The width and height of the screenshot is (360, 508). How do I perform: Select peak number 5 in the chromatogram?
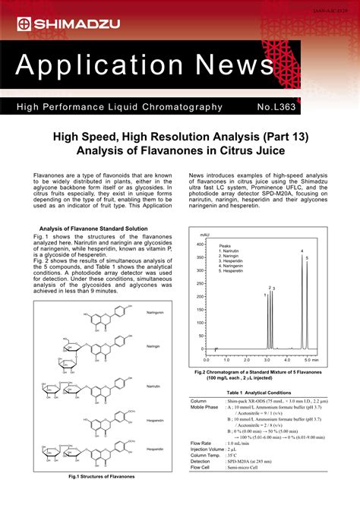click(x=307, y=259)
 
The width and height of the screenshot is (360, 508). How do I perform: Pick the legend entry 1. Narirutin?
click(x=231, y=251)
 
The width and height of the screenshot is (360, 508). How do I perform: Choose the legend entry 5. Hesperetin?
click(x=232, y=271)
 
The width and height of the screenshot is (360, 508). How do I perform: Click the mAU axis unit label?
click(x=204, y=235)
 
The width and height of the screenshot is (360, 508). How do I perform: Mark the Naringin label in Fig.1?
click(x=153, y=346)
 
